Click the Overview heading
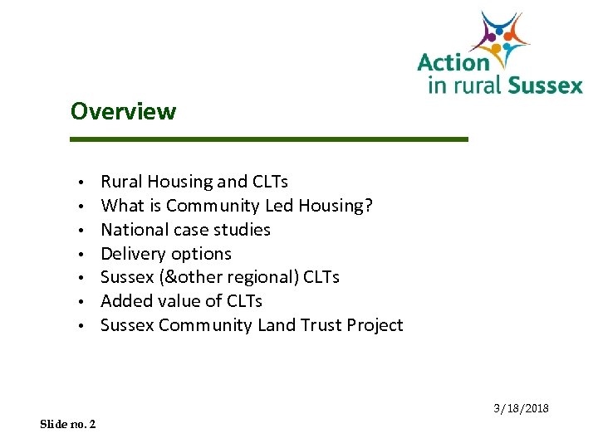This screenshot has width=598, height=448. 123,111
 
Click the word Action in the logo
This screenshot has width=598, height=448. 453,63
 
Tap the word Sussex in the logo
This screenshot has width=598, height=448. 545,85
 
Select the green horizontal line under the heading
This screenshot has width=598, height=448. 269,139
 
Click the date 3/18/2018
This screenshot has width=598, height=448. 521,409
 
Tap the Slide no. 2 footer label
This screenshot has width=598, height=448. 67,424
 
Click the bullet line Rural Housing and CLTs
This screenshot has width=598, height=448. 194,182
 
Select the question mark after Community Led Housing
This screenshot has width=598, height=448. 368,206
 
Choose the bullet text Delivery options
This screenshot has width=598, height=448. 166,254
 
